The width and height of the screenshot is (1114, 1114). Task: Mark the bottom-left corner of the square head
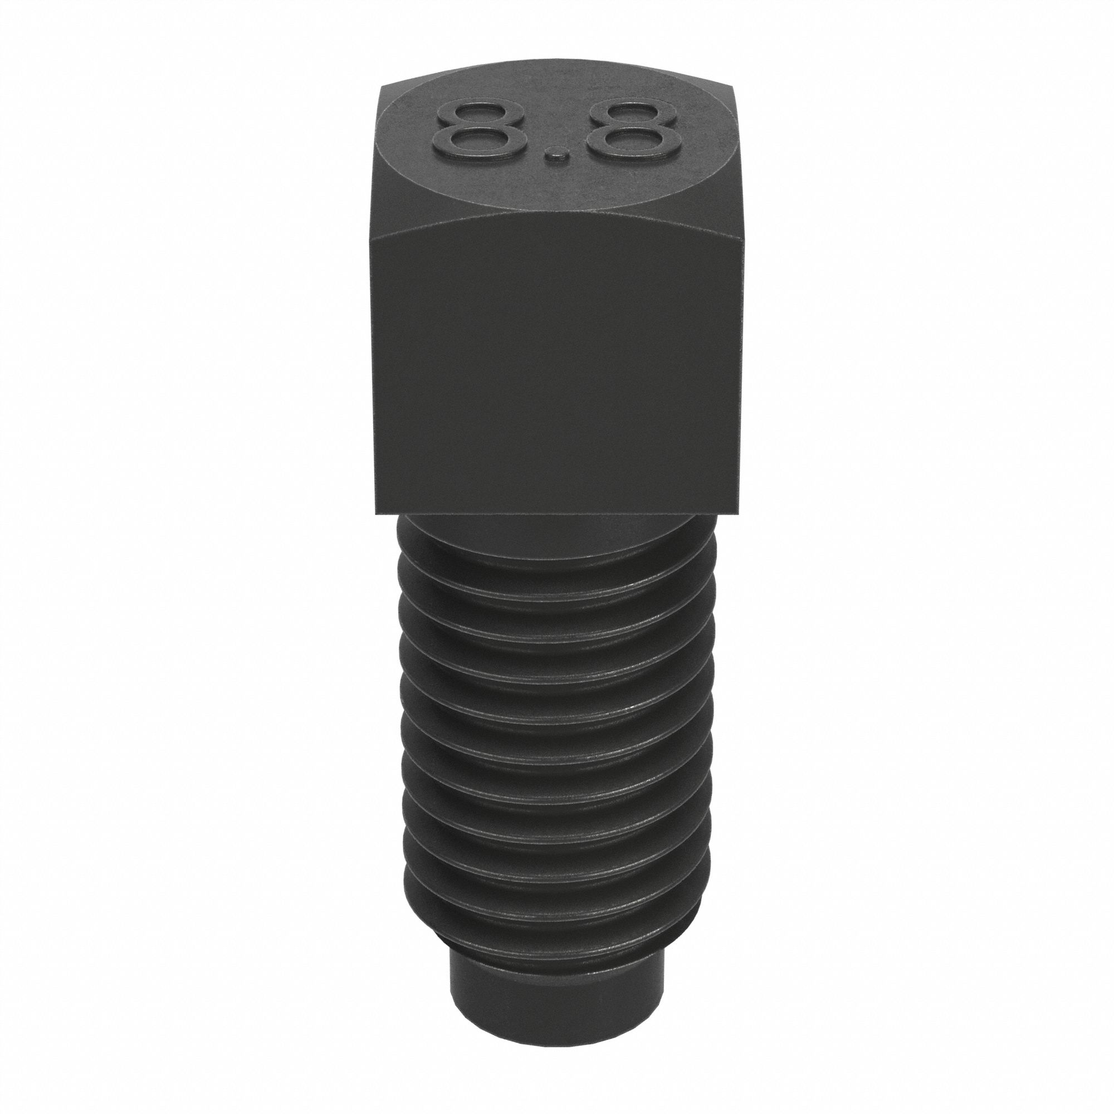pos(376,512)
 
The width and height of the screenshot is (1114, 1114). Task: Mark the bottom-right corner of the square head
pos(739,512)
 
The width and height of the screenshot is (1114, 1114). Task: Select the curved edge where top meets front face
pos(556,219)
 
